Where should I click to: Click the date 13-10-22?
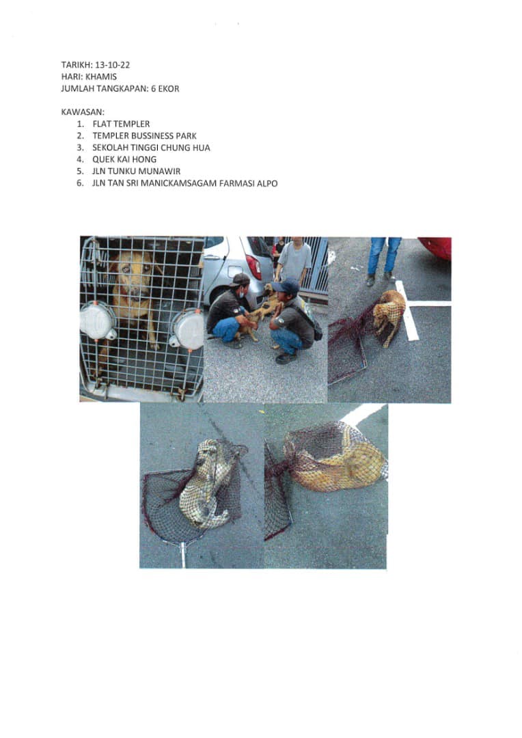tap(113, 65)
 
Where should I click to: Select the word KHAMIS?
tap(101, 77)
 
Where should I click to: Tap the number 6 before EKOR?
tap(154, 88)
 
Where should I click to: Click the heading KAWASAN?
tap(83, 112)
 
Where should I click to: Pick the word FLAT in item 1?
tap(102, 124)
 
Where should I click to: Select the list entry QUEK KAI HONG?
tap(124, 159)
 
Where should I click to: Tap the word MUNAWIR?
tap(160, 171)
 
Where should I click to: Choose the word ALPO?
tap(267, 183)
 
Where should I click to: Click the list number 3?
tap(80, 148)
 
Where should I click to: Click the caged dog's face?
tap(133, 275)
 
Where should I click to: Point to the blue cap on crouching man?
tap(285, 286)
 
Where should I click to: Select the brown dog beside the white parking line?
tap(389, 314)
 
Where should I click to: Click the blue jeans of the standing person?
tap(384, 255)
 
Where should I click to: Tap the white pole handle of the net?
tap(182, 555)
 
